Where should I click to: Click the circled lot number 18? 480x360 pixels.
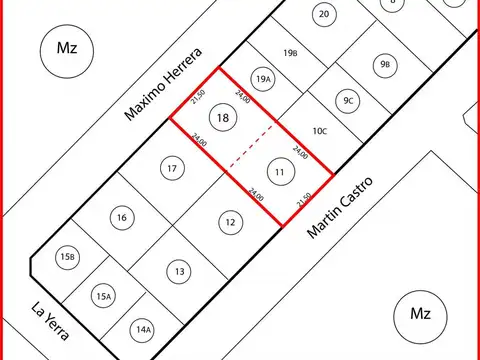tap(223, 117)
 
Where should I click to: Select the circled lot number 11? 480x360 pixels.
tap(281, 172)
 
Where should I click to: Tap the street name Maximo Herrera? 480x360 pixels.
tap(163, 84)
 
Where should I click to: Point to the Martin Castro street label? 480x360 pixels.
tap(340, 208)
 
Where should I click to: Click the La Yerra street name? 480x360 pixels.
tap(50, 321)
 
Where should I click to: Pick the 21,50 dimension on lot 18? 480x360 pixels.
tap(198, 97)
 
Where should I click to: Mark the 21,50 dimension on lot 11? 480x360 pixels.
tap(304, 200)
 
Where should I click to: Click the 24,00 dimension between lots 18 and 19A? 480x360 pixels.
tap(243, 97)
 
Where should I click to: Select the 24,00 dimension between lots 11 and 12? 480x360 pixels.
tap(256, 195)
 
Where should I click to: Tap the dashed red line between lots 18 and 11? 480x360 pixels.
tap(252, 147)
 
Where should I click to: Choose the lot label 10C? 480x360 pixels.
tap(320, 131)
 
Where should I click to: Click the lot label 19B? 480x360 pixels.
tap(290, 53)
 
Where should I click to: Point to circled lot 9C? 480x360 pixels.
tap(348, 101)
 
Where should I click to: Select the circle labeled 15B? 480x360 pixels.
tap(68, 257)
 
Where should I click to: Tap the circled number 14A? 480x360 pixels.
tap(143, 330)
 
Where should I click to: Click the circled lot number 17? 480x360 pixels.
tap(172, 168)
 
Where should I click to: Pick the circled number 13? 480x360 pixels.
tap(179, 271)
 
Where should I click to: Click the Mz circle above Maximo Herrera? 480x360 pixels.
tap(67, 51)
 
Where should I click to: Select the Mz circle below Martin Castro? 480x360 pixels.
tap(420, 317)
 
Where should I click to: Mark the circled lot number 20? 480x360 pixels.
tap(324, 14)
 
